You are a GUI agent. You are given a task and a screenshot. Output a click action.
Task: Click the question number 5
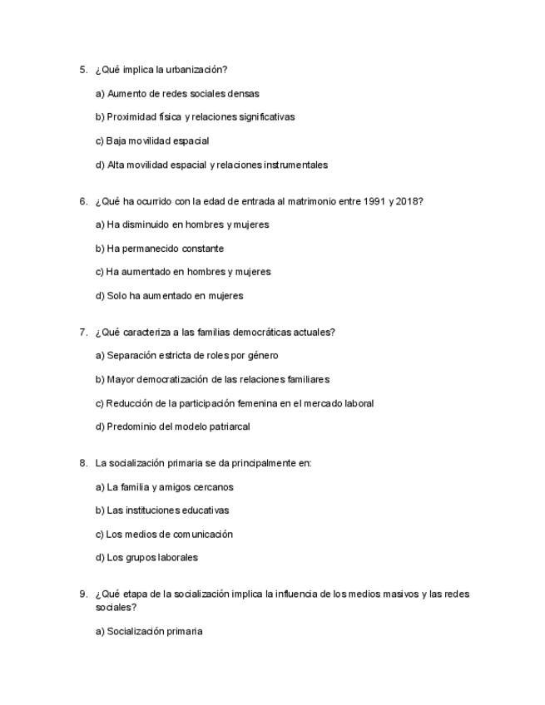coord(83,70)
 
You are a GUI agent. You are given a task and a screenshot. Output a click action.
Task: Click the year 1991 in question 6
coord(375,201)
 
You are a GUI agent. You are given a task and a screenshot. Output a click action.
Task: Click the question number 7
coord(83,333)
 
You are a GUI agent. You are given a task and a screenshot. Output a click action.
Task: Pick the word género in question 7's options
coord(261,356)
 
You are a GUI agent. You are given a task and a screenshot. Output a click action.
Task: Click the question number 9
coord(83,594)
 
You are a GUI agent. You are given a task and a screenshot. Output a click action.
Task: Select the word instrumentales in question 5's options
coord(295,165)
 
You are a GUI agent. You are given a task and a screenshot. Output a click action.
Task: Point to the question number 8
coord(83,463)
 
